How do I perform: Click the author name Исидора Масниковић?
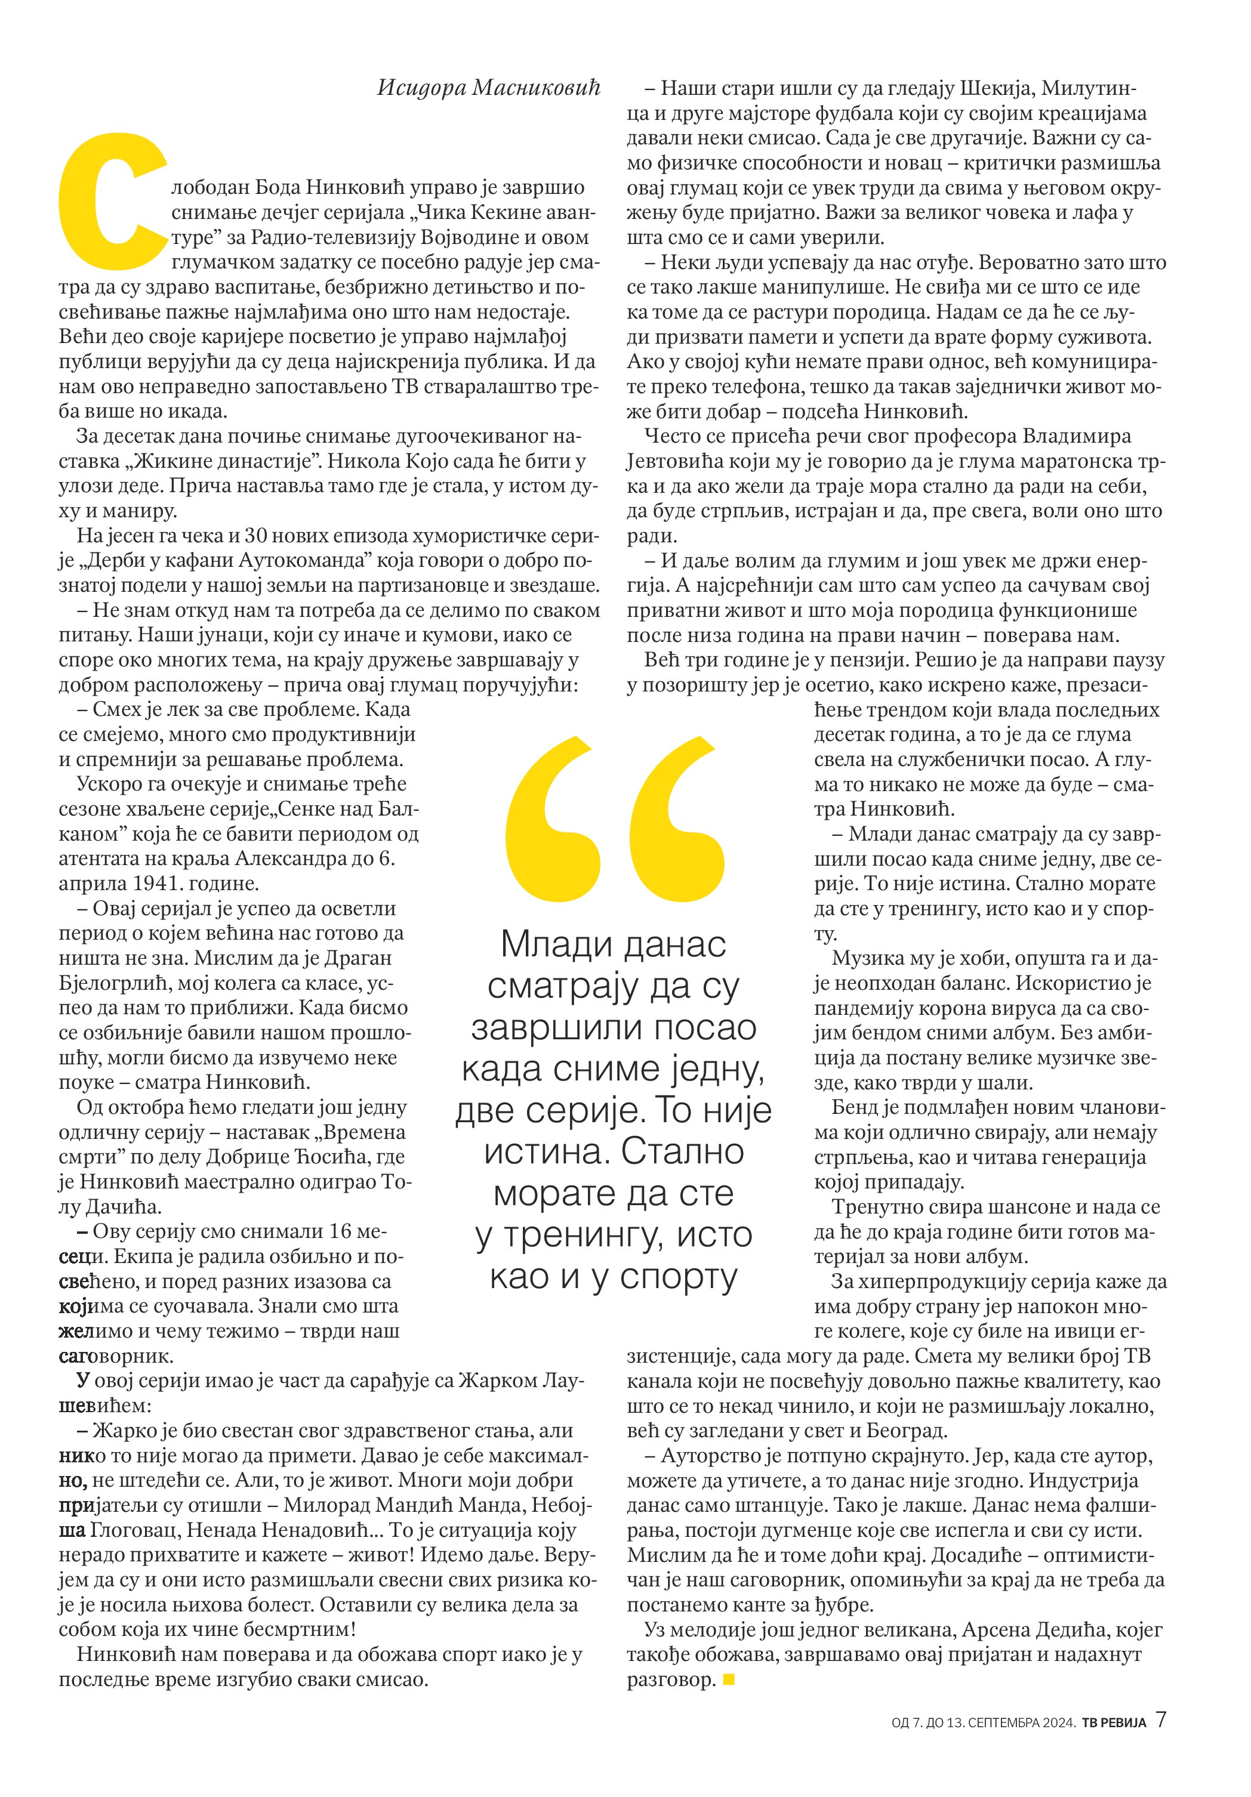488,88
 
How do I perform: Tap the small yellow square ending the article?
729,1679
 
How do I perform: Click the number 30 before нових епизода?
258,536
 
